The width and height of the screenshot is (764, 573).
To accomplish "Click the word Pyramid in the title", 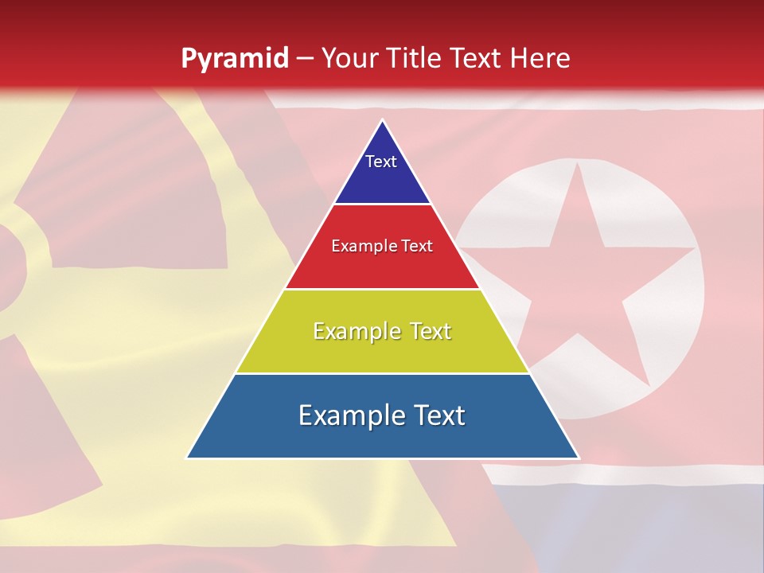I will click(234, 58).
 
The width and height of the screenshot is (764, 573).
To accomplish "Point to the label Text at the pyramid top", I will click(381, 162).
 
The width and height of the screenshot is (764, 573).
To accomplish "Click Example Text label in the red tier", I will click(382, 246).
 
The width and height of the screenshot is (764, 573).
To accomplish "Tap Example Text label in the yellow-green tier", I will click(382, 331).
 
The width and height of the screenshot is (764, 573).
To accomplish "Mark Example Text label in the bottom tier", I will click(382, 415).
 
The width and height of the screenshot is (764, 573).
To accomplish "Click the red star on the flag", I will click(581, 279).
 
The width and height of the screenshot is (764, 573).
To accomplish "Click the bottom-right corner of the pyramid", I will click(577, 458).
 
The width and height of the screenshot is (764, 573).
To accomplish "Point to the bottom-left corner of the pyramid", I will click(188, 458).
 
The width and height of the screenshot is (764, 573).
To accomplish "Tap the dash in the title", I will click(305, 58).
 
